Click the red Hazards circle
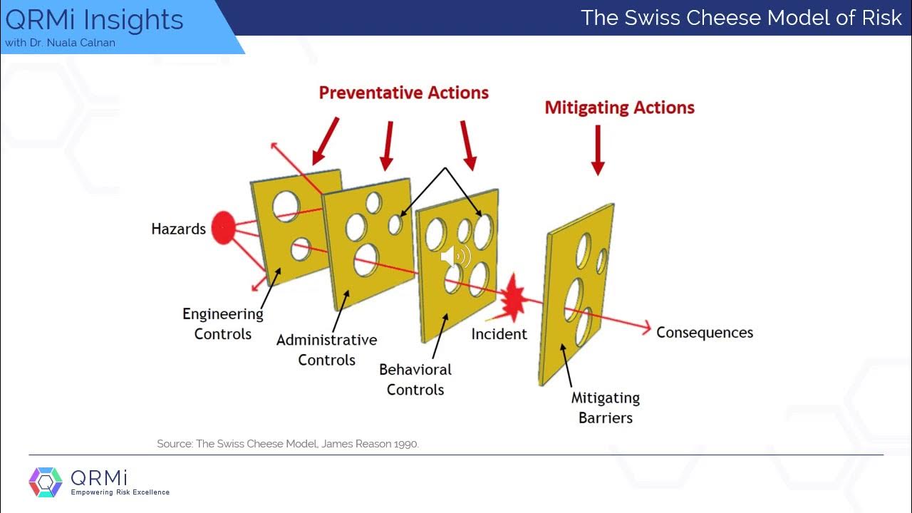click(224, 228)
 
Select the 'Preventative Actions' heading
click(403, 93)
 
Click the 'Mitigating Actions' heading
click(619, 108)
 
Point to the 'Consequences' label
click(704, 333)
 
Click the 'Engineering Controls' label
click(223, 323)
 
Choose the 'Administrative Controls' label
click(326, 350)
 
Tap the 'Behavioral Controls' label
click(415, 380)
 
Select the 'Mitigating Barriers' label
click(606, 408)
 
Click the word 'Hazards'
click(178, 229)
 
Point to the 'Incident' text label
click(499, 333)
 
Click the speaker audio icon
click(455, 256)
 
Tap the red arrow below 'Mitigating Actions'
click(598, 150)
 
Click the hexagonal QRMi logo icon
click(46, 482)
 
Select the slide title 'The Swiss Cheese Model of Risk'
click(741, 18)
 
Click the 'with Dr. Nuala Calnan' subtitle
click(60, 43)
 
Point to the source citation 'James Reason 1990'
click(370, 444)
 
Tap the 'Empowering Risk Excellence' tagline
click(120, 492)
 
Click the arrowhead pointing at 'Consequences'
click(646, 328)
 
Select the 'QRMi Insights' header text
click(94, 20)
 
